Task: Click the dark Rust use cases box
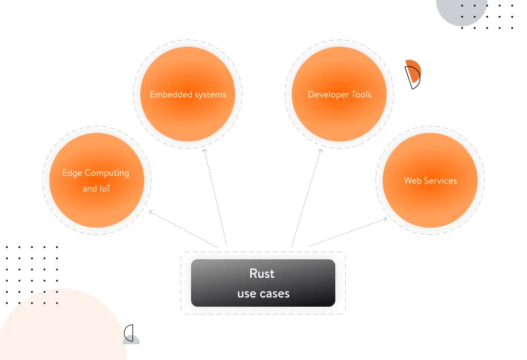click(263, 283)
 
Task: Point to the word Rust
click(262, 274)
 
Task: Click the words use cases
click(263, 294)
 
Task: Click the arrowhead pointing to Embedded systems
click(205, 151)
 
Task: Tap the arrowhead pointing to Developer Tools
click(321, 151)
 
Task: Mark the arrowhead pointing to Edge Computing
click(152, 212)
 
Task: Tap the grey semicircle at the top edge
click(460, 11)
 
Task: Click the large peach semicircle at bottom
click(59, 329)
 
